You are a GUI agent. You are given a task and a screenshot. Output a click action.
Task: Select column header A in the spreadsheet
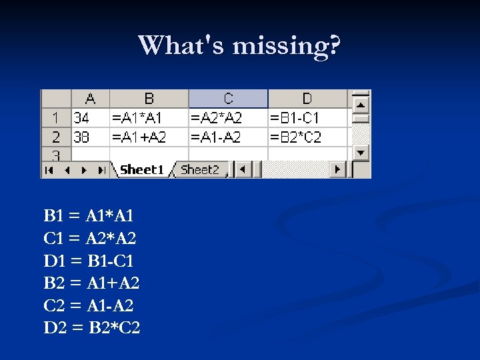tap(90, 99)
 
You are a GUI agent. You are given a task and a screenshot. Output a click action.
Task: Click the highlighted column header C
tap(228, 99)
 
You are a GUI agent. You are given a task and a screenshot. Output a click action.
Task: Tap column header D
tap(307, 99)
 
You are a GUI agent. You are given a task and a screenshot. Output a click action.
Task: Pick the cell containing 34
tap(90, 118)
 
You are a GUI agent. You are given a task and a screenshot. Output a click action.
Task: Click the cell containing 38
tap(90, 137)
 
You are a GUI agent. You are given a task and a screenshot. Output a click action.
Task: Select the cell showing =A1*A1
tap(149, 118)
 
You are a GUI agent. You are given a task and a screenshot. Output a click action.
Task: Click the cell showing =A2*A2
tap(228, 118)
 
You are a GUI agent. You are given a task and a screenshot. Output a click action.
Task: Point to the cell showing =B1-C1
tap(307, 118)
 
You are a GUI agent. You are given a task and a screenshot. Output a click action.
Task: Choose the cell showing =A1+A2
tap(149, 137)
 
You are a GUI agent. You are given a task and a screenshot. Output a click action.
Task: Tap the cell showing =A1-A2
tap(228, 137)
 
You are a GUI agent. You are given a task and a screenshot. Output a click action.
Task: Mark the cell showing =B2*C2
tap(307, 137)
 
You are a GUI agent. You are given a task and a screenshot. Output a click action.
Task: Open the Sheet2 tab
tap(200, 170)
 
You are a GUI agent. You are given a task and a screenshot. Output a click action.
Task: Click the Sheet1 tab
tap(141, 170)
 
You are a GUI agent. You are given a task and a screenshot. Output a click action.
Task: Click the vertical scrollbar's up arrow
tap(361, 105)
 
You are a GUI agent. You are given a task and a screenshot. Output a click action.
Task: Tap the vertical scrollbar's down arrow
tap(361, 152)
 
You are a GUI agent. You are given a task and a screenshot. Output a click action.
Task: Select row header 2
tap(56, 137)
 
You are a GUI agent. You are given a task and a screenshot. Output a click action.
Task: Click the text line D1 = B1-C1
tap(89, 261)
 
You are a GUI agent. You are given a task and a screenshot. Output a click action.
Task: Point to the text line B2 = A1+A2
tap(91, 283)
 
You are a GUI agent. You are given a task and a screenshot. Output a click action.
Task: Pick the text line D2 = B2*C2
tap(92, 328)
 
